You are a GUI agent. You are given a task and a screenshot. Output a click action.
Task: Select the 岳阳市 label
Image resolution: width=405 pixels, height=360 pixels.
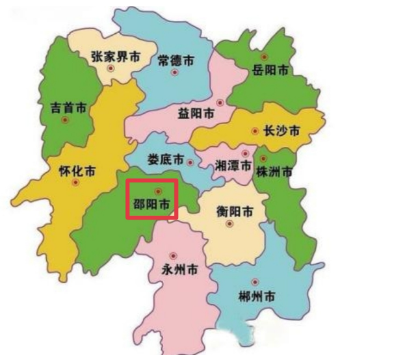(x=270, y=70)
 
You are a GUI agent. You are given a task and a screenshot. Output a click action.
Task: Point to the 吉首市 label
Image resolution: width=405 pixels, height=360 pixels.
(x=68, y=108)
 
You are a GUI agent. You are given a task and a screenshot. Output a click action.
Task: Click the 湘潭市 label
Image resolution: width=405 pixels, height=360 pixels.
(x=233, y=166)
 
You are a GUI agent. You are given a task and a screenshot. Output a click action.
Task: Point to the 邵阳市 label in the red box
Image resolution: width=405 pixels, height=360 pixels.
(x=151, y=204)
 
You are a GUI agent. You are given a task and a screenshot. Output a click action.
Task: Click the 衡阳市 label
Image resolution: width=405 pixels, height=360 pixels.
(x=235, y=211)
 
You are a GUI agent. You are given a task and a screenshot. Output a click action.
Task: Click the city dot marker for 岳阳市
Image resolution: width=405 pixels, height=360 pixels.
(x=264, y=57)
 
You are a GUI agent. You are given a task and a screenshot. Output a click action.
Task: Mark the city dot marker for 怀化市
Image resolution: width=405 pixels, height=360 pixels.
(x=76, y=183)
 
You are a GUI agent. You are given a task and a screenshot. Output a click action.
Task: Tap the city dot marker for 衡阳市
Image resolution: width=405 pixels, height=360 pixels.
(x=229, y=224)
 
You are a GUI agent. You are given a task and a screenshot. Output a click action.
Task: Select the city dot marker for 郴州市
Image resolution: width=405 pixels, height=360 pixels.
(x=255, y=282)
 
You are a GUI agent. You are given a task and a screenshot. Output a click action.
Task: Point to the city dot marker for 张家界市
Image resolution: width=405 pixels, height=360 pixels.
(x=111, y=68)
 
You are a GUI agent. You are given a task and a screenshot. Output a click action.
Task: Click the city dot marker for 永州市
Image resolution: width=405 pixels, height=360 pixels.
(x=173, y=255)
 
